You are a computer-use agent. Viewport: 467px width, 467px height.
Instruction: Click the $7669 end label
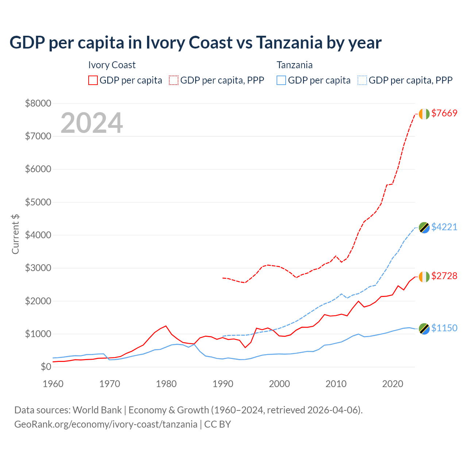coord(444,113)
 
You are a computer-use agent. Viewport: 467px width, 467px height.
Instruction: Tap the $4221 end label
coord(444,227)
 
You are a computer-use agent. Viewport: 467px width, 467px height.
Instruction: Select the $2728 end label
coord(444,276)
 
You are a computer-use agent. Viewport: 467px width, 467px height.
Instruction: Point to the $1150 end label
coord(444,328)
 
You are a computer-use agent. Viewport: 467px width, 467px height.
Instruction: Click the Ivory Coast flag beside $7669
coord(424,114)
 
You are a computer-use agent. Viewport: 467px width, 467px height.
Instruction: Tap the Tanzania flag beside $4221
coord(424,227)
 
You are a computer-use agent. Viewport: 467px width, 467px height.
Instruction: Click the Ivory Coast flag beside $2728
coord(424,277)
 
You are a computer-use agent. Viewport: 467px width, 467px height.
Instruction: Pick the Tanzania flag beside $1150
coord(424,329)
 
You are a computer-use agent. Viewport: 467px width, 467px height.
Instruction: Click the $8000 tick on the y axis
coord(38,103)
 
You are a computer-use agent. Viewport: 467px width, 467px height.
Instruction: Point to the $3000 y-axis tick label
coord(38,268)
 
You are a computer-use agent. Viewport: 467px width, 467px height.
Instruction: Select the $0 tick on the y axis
coord(46,367)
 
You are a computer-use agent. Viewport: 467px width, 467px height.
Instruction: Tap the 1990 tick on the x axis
coord(223,384)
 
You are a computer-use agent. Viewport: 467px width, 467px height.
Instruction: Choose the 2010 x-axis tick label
coord(336,384)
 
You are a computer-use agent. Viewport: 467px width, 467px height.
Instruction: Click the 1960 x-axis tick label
coord(53,384)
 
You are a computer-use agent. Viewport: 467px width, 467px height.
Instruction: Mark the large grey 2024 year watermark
coord(92,123)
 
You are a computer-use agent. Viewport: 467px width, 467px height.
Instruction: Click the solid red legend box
coord(93,80)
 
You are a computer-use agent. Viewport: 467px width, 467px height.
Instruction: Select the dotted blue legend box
coord(362,80)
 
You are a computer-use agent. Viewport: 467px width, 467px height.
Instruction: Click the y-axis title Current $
coord(15,234)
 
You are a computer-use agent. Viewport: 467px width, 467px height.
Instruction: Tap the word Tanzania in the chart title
coord(289,43)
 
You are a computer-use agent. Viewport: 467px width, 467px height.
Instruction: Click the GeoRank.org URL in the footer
coord(106,424)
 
